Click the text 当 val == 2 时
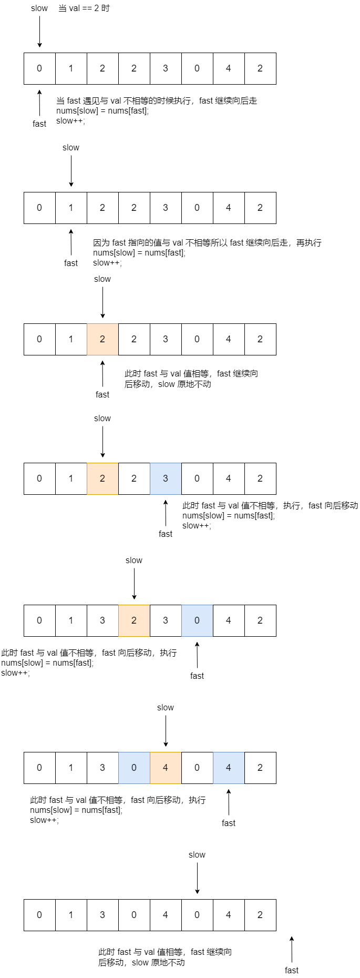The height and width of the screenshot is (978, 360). coord(84,8)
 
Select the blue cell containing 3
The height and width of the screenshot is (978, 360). coord(166,478)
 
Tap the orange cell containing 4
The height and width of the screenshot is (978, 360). coord(166,768)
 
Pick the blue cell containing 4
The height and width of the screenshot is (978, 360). coord(229,768)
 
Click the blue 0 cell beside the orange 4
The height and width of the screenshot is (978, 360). coord(134,768)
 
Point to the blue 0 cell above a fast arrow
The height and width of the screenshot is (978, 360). coord(197,620)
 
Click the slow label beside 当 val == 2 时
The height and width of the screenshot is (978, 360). coord(39,8)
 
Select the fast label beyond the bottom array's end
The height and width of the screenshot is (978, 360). coord(292,970)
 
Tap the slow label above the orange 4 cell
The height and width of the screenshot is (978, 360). coord(166,708)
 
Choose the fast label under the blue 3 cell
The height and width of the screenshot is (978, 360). coord(166,534)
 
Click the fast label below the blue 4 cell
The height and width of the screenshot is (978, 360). coord(229,823)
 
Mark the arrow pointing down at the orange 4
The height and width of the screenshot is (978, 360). coord(166,731)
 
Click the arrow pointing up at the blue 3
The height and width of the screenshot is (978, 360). coord(166,513)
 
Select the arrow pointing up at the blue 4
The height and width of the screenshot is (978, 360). coord(229,802)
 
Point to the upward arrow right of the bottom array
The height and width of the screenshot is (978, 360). coord(292,949)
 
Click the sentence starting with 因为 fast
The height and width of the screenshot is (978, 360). coord(207,243)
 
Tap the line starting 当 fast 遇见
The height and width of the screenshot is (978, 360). coord(157,101)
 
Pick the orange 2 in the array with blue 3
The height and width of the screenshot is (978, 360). coord(102,478)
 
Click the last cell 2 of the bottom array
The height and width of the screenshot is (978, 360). coord(260,915)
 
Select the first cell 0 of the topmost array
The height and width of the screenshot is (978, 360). coord(39,68)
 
